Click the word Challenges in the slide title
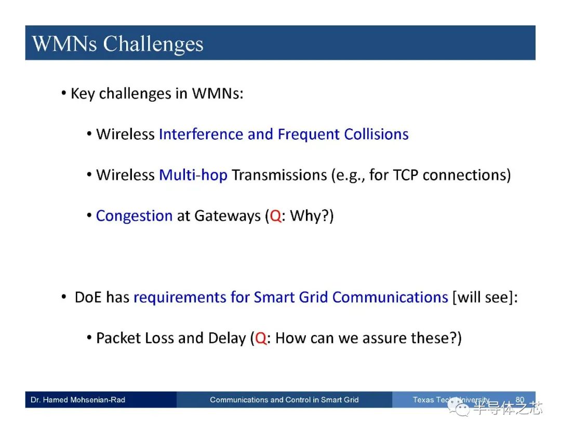[x=153, y=45]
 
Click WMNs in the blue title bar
[x=64, y=44]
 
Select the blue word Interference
[x=201, y=134]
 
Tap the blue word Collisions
[x=376, y=134]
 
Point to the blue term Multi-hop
[x=193, y=175]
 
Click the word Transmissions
[x=279, y=175]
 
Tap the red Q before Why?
[x=275, y=216]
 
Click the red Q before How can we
[x=261, y=338]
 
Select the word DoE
[x=88, y=297]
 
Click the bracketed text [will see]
[x=483, y=297]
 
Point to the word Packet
[x=118, y=338]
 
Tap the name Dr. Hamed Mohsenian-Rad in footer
[x=78, y=400]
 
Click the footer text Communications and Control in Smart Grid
[x=284, y=400]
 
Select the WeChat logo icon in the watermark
[x=459, y=407]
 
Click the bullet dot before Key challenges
[x=64, y=93]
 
